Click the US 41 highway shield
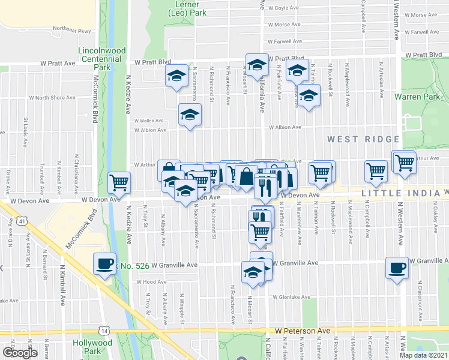pyautogui.click(x=22, y=221)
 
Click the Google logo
pyautogui.click(x=19, y=353)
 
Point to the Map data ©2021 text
pyautogui.click(x=424, y=355)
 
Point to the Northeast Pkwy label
pyautogui.click(x=71, y=28)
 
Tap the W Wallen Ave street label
pyautogui.click(x=148, y=120)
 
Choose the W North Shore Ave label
pyautogui.click(x=55, y=97)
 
